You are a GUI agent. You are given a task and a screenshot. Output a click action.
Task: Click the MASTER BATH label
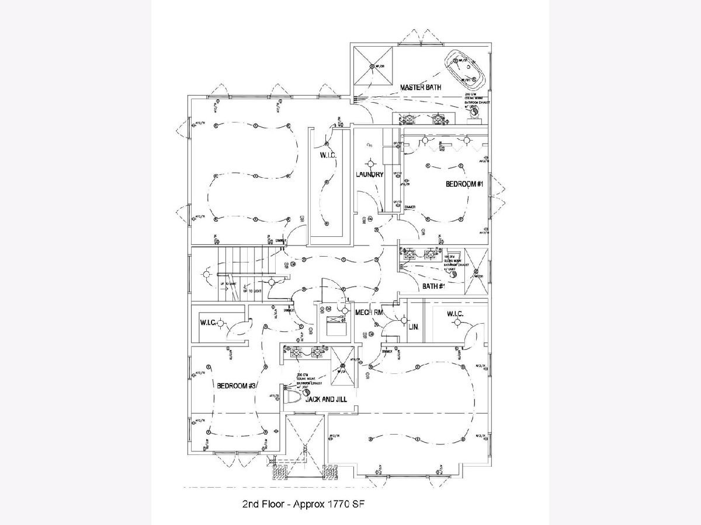click(420, 87)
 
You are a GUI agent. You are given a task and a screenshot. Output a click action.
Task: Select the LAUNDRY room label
click(369, 174)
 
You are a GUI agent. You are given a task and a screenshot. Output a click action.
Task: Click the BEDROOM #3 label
click(237, 386)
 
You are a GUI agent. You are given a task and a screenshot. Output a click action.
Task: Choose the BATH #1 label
click(433, 286)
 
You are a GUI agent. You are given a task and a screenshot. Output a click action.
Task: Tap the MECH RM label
click(369, 313)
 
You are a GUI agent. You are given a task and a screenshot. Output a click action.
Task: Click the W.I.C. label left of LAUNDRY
click(327, 156)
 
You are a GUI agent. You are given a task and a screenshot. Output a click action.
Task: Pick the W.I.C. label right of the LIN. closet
click(455, 315)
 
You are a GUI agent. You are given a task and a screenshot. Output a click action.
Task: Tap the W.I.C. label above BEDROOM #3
click(209, 323)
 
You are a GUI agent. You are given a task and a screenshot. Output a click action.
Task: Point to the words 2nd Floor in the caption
click(261, 503)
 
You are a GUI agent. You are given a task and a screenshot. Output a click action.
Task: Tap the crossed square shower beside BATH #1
click(476, 272)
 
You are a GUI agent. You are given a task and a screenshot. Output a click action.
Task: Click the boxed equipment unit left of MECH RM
click(335, 323)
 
